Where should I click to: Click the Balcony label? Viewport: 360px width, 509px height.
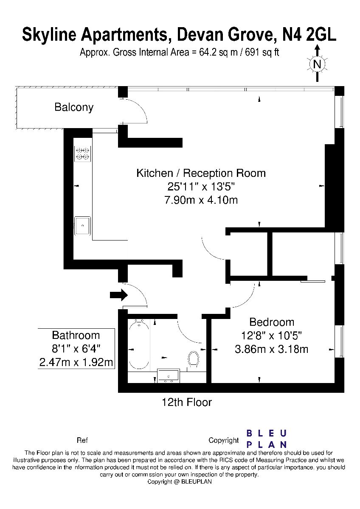[x=74, y=107]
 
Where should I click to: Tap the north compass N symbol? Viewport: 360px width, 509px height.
[x=317, y=64]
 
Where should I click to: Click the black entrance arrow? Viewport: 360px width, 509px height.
[x=119, y=295]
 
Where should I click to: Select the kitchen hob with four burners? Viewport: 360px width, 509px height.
[x=82, y=154]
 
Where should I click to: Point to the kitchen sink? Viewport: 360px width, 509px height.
[x=83, y=226]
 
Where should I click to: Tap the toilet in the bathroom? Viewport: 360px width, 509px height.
[x=194, y=359]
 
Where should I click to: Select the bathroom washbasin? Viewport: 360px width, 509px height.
[x=169, y=376]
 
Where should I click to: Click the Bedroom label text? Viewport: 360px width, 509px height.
[x=272, y=322]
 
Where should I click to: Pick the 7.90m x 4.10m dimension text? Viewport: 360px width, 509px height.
[x=201, y=200]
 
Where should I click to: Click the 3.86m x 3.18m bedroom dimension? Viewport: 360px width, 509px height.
[x=272, y=349]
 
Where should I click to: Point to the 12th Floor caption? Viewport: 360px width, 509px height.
[x=187, y=403]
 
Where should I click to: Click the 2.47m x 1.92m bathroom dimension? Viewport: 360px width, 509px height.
[x=76, y=362]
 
